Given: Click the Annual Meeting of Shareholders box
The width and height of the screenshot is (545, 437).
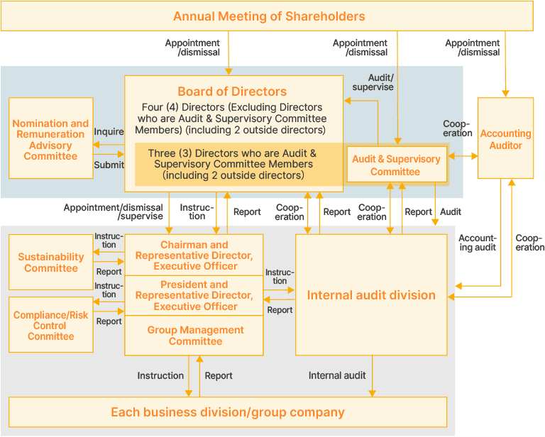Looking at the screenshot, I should (268, 16).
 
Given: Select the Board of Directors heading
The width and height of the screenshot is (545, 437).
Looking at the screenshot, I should (232, 92).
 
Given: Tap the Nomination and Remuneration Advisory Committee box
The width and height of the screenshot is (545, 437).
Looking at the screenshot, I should (50, 140).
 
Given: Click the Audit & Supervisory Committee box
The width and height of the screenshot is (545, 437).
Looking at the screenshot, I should (395, 165).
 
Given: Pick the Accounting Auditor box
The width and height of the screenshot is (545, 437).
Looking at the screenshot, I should (505, 139).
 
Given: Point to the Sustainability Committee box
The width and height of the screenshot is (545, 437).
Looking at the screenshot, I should (50, 262).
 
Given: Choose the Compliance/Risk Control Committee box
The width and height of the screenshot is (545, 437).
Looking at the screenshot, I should (50, 326).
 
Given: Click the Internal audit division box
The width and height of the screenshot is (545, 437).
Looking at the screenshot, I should (371, 295).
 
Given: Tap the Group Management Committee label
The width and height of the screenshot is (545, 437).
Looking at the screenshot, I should (195, 336).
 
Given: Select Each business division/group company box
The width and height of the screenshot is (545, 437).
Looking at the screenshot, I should (227, 412).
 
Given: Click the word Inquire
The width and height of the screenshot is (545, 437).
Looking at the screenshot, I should (109, 131).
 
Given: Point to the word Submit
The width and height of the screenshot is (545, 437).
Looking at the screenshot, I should (109, 165).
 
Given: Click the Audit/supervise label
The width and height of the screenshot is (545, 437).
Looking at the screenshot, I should (373, 82).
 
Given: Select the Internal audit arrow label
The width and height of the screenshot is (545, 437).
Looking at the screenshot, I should (337, 375).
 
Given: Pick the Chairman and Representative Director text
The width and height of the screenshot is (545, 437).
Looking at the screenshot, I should (194, 255).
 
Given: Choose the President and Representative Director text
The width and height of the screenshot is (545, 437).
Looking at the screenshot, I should (194, 295).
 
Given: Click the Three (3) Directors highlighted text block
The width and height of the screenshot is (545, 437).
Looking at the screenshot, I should (232, 164).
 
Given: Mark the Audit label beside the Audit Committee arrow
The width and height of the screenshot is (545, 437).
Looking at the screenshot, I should (451, 211).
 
